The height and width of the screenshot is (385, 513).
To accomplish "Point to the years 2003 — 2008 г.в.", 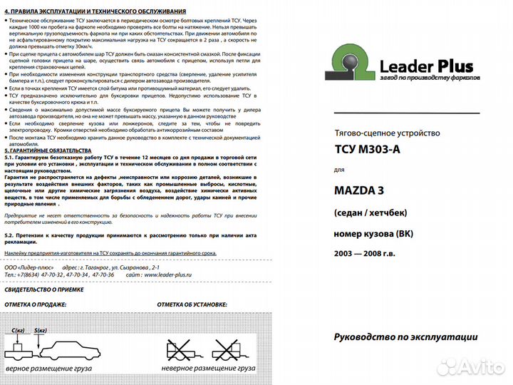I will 363,254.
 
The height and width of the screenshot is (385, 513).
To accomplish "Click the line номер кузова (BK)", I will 372,233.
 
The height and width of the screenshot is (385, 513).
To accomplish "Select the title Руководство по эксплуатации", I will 405,337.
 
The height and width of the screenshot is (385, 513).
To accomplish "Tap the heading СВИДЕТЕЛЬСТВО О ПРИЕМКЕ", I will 43,289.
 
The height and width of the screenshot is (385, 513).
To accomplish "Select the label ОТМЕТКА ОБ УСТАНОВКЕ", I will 197,304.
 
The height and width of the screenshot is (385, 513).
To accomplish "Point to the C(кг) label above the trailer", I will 19,330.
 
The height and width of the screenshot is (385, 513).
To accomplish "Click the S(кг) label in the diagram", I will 40,330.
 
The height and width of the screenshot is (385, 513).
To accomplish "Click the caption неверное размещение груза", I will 207,368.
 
